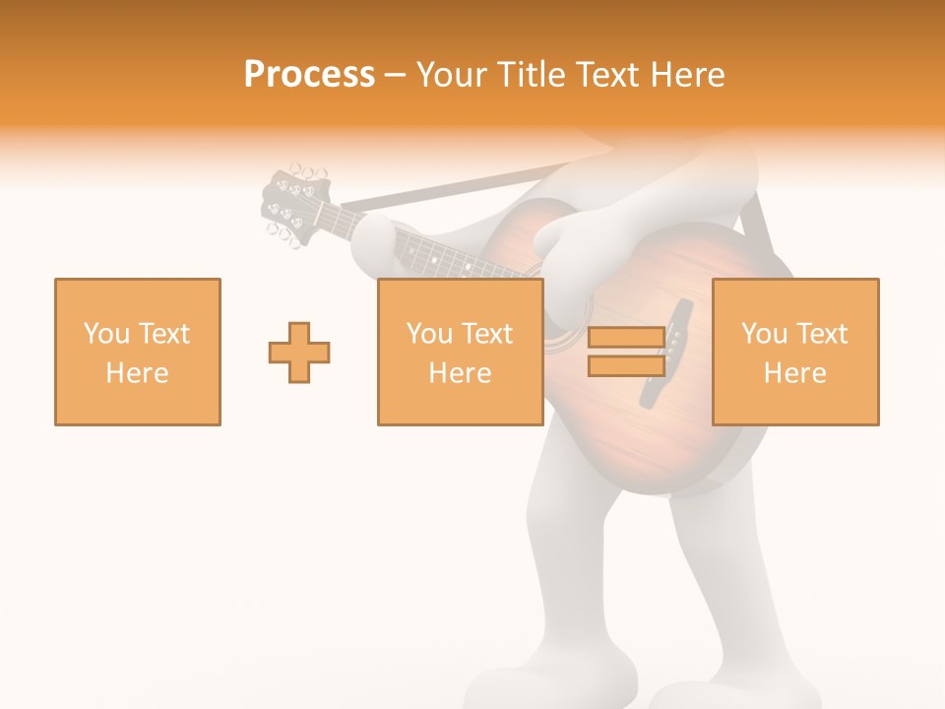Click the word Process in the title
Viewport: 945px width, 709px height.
(309, 74)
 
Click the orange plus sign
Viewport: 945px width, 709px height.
(299, 353)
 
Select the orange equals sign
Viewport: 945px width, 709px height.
(626, 352)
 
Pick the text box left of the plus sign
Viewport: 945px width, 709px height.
(138, 352)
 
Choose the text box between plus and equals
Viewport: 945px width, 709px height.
(460, 352)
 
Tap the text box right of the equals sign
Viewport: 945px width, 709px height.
(795, 352)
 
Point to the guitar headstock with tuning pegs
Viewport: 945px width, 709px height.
(292, 205)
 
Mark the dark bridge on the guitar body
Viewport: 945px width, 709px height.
(666, 353)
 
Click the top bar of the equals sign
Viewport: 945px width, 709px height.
(626, 338)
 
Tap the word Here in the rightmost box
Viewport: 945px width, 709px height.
(795, 372)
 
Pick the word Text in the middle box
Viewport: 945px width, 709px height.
(485, 334)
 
